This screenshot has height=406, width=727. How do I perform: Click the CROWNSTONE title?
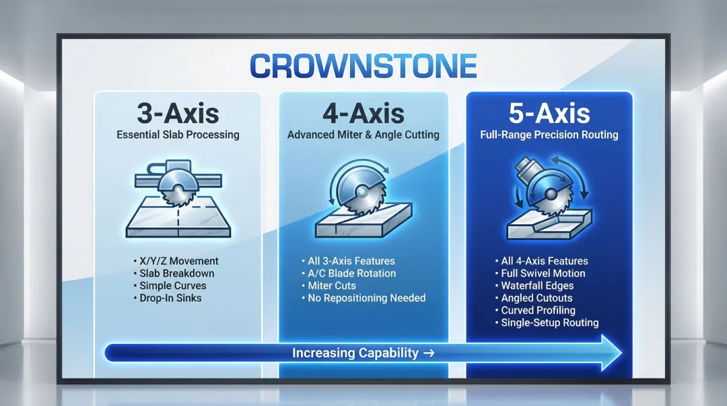(x=363, y=67)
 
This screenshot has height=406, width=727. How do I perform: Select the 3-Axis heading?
(x=178, y=113)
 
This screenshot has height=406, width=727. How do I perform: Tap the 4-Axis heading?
(x=363, y=113)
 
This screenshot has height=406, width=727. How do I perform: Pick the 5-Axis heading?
(x=549, y=113)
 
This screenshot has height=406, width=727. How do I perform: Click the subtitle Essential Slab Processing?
(x=178, y=135)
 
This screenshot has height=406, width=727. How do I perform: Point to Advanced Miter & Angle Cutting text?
(x=363, y=135)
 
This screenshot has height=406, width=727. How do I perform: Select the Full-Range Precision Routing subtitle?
(x=549, y=135)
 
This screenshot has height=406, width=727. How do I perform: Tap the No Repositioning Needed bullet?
(x=366, y=298)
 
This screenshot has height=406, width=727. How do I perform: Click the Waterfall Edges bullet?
(x=537, y=285)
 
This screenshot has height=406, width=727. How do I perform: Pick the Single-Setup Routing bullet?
(x=549, y=323)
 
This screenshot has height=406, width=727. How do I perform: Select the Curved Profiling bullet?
(x=538, y=310)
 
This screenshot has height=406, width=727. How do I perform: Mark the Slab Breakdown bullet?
(x=177, y=273)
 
